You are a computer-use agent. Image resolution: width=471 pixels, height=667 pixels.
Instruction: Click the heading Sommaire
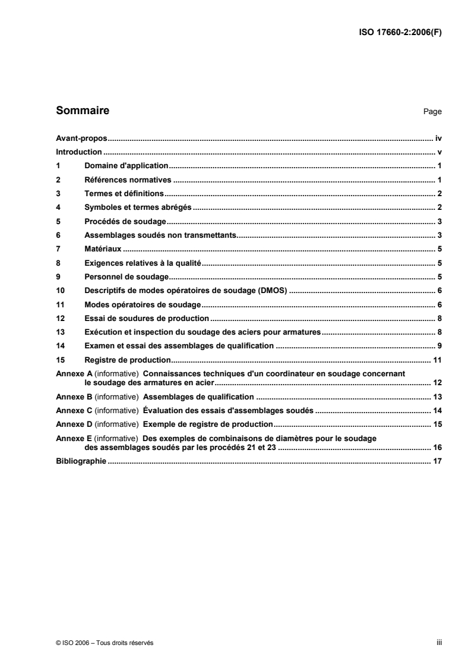pyautogui.click(x=82, y=111)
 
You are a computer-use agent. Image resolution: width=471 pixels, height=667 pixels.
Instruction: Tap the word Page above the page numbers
pyautogui.click(x=432, y=112)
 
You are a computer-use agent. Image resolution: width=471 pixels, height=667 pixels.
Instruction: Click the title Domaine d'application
pyautogui.click(x=127, y=166)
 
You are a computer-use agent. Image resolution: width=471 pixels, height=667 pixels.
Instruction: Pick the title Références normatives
pyautogui.click(x=128, y=180)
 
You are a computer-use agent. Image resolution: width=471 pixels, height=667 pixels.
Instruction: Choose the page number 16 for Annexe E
pyautogui.click(x=438, y=448)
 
